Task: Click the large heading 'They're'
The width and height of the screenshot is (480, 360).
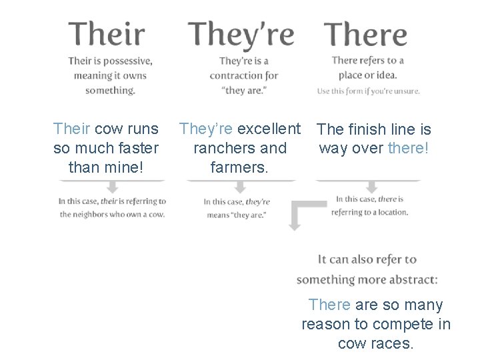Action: (x=241, y=35)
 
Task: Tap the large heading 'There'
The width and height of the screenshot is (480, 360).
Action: (x=365, y=35)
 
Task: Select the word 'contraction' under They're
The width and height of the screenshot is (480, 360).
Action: (x=235, y=76)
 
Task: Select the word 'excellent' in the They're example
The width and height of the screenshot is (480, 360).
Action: (x=269, y=128)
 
